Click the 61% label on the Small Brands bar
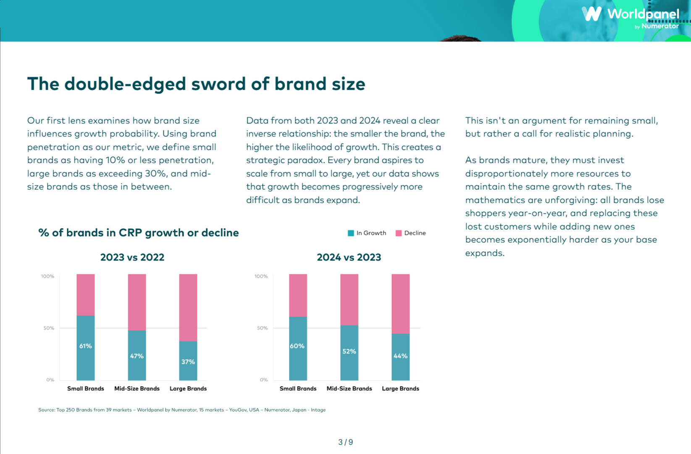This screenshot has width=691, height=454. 85,346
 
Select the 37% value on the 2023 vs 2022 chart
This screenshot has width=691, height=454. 188,362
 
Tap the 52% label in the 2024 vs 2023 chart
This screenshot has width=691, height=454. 349,351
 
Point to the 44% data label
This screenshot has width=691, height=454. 400,356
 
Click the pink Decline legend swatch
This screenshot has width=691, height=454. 399,233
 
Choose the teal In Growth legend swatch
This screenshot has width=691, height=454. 351,233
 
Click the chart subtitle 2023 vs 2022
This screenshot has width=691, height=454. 132,257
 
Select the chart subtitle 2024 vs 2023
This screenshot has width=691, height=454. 349,257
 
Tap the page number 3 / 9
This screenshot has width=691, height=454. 345,442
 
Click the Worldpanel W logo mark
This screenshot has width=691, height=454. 591,14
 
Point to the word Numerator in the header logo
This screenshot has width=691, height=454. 660,26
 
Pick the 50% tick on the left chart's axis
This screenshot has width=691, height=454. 49,328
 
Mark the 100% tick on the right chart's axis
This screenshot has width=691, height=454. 261,276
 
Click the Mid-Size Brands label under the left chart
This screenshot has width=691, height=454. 137,388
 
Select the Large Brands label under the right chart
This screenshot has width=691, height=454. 400,388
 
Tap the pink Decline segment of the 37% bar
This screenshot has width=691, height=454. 188,307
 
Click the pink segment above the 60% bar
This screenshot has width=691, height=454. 298,296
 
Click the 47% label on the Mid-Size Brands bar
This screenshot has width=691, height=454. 137,356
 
